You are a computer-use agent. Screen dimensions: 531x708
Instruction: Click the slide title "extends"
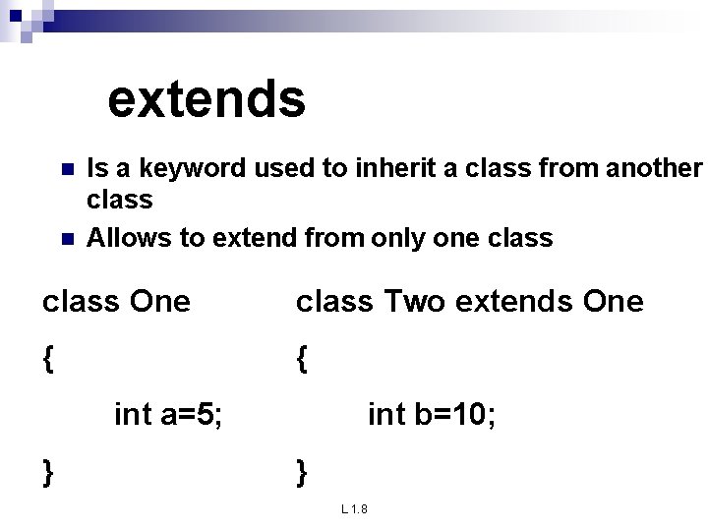(206, 99)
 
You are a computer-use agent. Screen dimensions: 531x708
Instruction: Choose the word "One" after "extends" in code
(613, 302)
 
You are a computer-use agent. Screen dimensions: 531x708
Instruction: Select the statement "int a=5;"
(168, 416)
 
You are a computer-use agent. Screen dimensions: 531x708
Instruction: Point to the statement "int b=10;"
(432, 416)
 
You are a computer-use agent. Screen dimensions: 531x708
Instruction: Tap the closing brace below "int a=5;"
(48, 473)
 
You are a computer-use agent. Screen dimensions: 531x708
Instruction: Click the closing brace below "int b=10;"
(302, 473)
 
